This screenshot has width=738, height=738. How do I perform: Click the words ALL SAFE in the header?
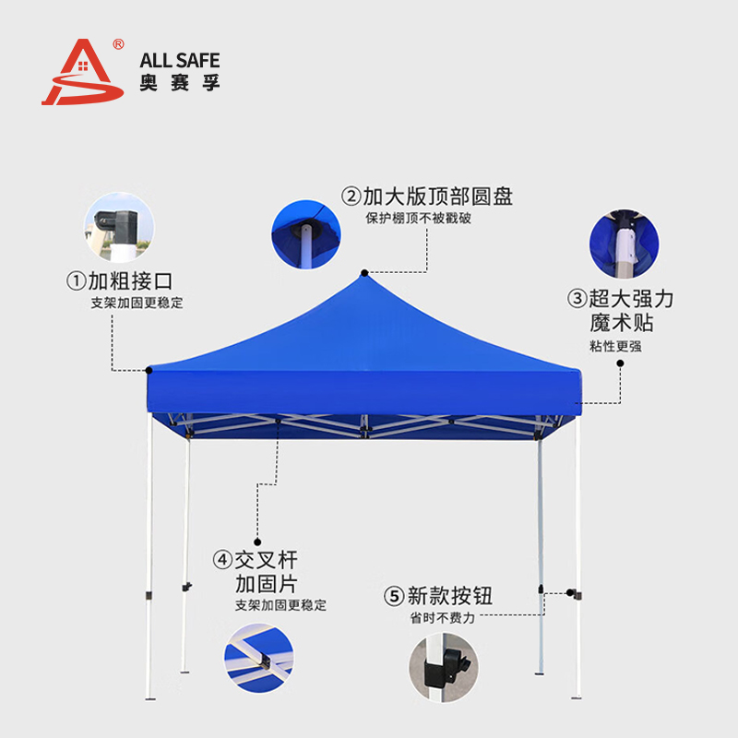coord(180,61)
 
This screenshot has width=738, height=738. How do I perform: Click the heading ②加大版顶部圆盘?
coord(427,196)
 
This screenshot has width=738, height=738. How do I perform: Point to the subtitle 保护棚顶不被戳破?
coord(418,219)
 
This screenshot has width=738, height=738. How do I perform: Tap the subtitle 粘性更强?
coord(615,346)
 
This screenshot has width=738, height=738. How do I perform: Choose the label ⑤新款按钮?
coord(437,595)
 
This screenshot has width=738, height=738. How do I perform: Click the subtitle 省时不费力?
coord(443,617)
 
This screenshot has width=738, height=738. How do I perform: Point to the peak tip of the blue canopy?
coord(365,274)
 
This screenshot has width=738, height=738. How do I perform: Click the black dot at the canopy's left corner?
coord(149,370)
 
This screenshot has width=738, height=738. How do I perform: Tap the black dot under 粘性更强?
coord(620,363)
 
